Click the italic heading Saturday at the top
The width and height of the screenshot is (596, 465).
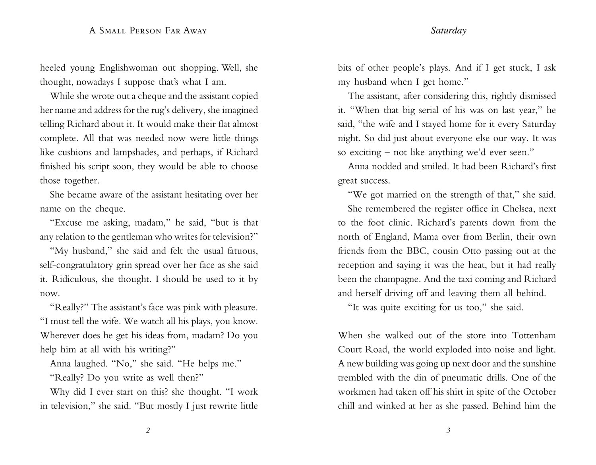(448, 31)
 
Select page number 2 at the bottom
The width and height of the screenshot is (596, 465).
(148, 430)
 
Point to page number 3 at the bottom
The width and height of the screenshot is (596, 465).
(448, 430)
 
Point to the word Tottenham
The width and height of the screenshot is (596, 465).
(534, 335)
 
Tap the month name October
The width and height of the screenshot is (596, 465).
(539, 392)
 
